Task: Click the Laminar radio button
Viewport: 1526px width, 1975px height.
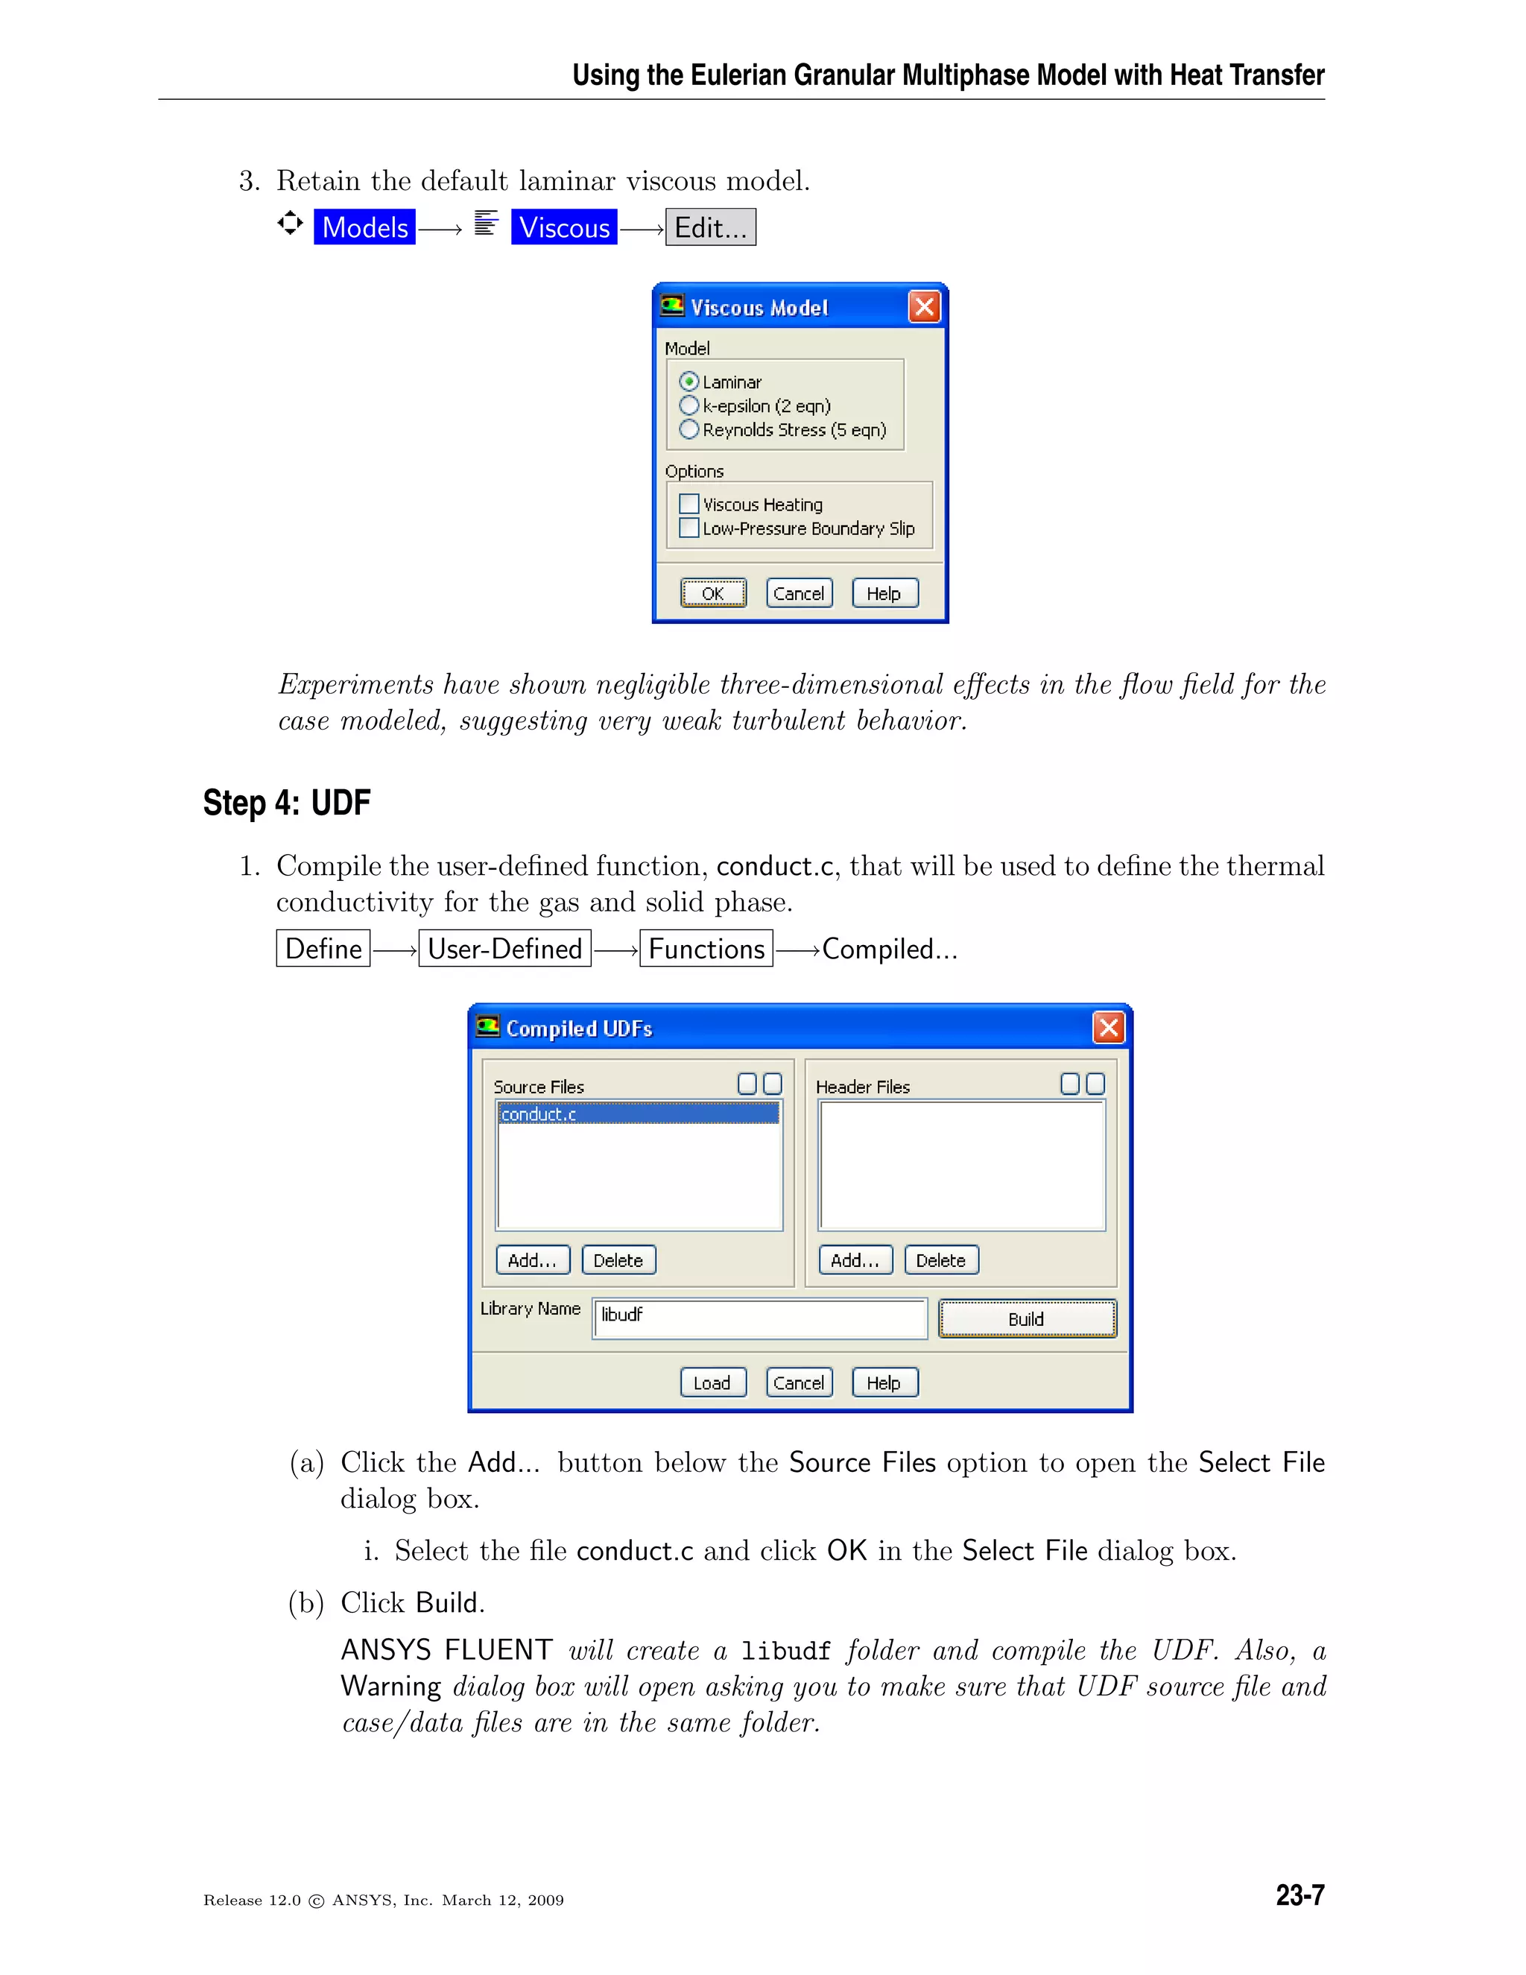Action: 689,382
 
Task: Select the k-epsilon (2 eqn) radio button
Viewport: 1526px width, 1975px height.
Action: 689,405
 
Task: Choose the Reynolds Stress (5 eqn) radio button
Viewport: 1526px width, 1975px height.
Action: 689,429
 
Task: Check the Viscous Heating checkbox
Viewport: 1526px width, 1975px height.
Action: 689,504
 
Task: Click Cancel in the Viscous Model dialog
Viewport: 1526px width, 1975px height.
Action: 798,593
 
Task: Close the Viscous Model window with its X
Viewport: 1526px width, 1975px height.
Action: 924,308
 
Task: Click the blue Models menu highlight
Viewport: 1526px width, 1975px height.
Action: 365,227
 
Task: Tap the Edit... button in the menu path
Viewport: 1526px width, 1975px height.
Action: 711,227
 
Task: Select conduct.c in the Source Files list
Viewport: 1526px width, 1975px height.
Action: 637,1114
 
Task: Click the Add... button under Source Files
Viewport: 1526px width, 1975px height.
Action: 533,1260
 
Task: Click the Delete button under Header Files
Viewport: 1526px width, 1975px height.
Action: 940,1260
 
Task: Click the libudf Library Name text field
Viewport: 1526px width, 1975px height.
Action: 759,1318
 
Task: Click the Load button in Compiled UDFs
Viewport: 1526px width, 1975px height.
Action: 712,1382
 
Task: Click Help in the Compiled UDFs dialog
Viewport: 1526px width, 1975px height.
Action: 884,1382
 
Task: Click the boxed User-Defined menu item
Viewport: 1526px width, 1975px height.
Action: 504,949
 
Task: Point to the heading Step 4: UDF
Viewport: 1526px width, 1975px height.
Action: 287,802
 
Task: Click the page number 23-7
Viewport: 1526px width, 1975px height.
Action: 1299,1895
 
